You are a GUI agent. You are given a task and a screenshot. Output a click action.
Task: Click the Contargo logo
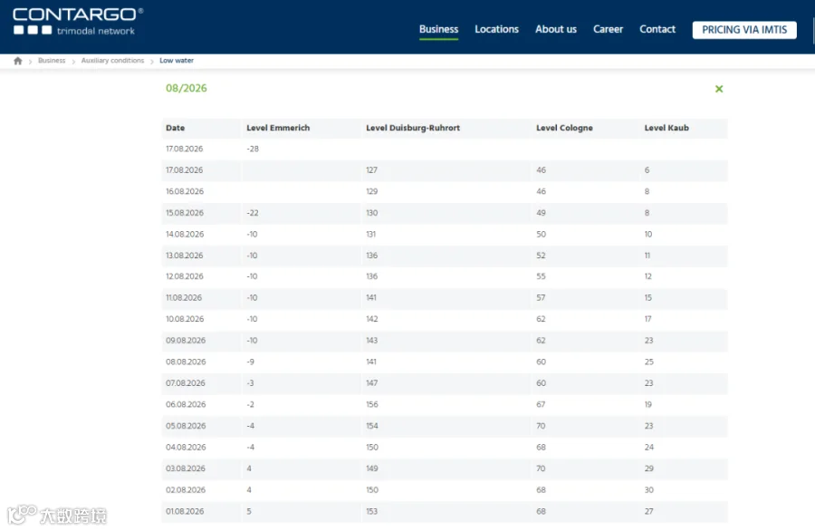click(x=78, y=22)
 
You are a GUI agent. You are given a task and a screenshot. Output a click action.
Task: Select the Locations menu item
click(x=496, y=29)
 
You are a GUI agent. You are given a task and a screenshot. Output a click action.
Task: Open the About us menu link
click(x=556, y=29)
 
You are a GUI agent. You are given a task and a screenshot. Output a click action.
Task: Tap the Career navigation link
click(x=608, y=29)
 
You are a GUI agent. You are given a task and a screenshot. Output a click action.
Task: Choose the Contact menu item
click(x=657, y=29)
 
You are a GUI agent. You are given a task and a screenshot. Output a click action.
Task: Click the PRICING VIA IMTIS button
click(x=744, y=30)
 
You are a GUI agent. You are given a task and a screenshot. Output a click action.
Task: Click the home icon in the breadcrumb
click(x=18, y=61)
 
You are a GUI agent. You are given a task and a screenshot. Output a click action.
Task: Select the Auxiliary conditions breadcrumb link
click(x=112, y=61)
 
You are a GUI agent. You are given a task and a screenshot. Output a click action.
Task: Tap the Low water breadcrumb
click(x=177, y=61)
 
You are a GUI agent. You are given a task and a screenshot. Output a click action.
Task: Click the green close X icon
click(x=719, y=89)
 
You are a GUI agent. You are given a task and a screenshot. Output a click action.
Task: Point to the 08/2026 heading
click(x=186, y=89)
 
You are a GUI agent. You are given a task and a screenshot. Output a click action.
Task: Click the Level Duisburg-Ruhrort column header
click(x=413, y=128)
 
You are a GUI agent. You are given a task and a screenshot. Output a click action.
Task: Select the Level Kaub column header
click(x=666, y=128)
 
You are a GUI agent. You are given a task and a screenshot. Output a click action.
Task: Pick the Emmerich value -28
click(x=253, y=149)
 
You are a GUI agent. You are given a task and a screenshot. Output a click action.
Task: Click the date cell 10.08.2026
click(x=185, y=319)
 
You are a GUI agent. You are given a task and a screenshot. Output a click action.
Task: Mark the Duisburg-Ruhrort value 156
click(x=371, y=404)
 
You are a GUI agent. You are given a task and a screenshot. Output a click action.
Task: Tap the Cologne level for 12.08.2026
click(x=542, y=276)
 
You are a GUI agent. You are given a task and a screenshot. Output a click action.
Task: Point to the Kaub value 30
click(x=649, y=490)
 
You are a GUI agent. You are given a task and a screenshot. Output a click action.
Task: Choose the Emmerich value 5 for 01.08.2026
click(x=249, y=511)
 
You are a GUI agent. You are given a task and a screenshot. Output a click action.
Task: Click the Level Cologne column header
click(x=564, y=128)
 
